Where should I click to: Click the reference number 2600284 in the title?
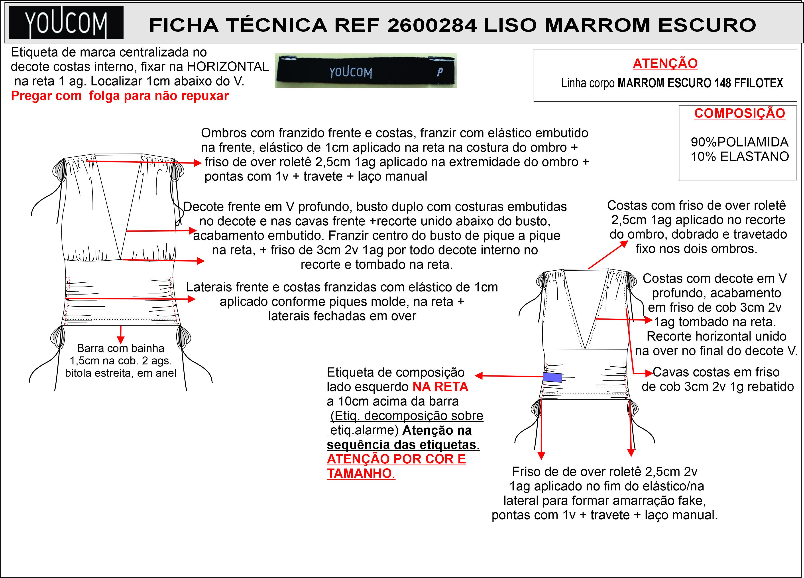tap(432, 25)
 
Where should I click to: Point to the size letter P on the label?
tap(440, 72)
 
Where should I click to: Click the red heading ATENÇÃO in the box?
tap(665, 63)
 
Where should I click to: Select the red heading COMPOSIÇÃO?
tap(739, 113)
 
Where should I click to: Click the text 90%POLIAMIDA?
tap(739, 142)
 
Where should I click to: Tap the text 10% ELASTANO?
tap(739, 156)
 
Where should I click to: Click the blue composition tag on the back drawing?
tap(552, 377)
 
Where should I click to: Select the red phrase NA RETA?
tap(440, 387)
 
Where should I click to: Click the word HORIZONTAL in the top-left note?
tap(228, 66)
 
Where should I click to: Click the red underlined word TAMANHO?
tap(360, 474)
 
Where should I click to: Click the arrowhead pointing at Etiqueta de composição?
tap(479, 376)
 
